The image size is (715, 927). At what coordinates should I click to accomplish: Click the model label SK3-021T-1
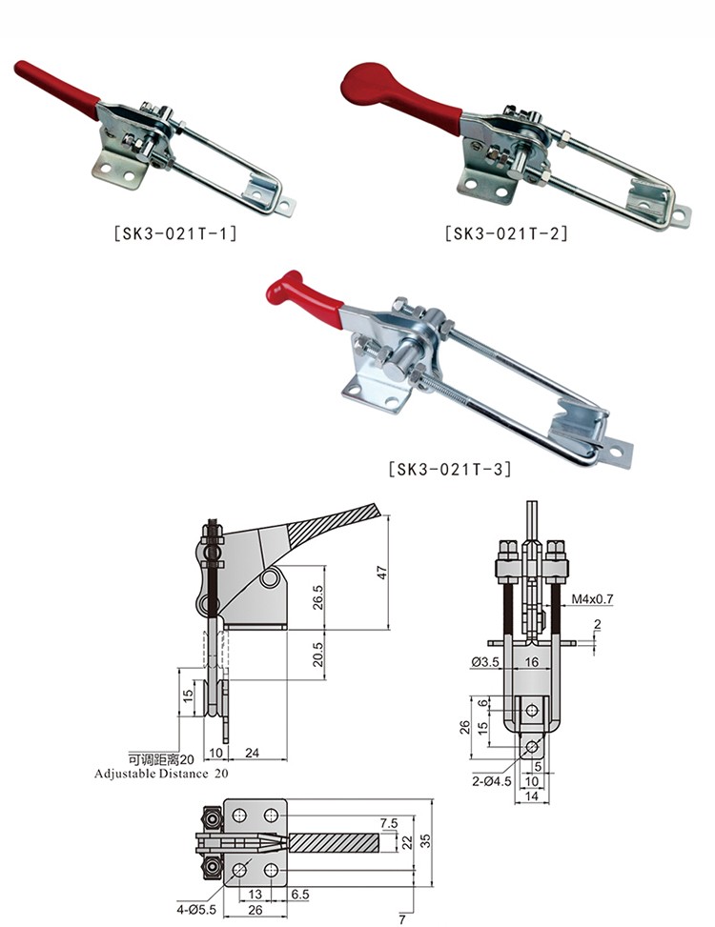coord(175,232)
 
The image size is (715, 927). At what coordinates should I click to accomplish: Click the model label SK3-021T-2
coord(506,232)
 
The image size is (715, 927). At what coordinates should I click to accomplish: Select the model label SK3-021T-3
coord(450,469)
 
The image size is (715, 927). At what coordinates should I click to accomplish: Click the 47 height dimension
coord(382,573)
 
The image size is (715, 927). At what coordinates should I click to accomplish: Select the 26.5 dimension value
coord(318,597)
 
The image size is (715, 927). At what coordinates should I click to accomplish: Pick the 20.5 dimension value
coord(318,655)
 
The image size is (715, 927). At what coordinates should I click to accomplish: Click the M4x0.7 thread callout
coord(592,599)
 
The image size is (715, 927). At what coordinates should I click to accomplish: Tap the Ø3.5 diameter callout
coord(485,662)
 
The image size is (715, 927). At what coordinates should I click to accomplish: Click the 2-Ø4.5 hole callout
coord(492,781)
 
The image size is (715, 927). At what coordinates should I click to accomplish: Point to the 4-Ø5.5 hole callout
coord(195,910)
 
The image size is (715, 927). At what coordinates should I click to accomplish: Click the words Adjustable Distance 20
coord(161,774)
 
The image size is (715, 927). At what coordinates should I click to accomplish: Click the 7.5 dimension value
coord(389,823)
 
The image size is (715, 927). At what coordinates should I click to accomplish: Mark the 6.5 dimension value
coord(300,894)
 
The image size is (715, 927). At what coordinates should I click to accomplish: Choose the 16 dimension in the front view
coord(532,661)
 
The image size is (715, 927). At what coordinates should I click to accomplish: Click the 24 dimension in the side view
coord(252,753)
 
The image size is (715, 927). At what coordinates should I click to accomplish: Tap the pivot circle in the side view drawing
coord(270,577)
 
